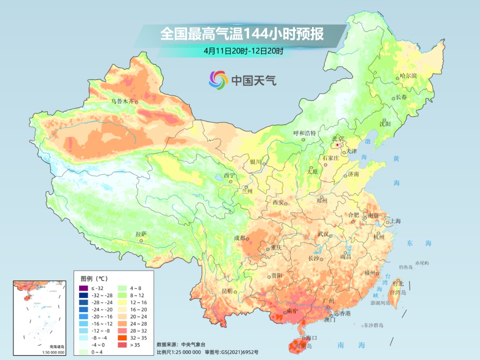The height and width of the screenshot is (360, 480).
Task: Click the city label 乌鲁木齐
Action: pos(122,101)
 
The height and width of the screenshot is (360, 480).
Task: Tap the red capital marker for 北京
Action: pos(337,145)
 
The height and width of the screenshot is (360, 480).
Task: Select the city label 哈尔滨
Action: pos(408,76)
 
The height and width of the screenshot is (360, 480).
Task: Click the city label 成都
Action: pos(240,238)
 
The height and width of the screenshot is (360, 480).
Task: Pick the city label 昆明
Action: pos(227,291)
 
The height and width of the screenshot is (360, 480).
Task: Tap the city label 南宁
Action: pos(292,311)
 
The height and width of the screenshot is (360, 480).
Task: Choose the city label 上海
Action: pos(396,221)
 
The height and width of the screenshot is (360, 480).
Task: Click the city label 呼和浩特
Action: pos(304,133)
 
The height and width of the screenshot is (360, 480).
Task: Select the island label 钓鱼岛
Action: pos(406,267)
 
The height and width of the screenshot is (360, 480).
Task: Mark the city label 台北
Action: pos(398,283)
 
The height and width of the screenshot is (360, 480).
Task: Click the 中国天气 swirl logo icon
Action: pos(218,80)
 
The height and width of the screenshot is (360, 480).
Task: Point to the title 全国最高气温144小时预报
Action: pos(242,34)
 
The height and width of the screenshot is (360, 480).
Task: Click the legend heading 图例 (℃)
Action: pos(94,279)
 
